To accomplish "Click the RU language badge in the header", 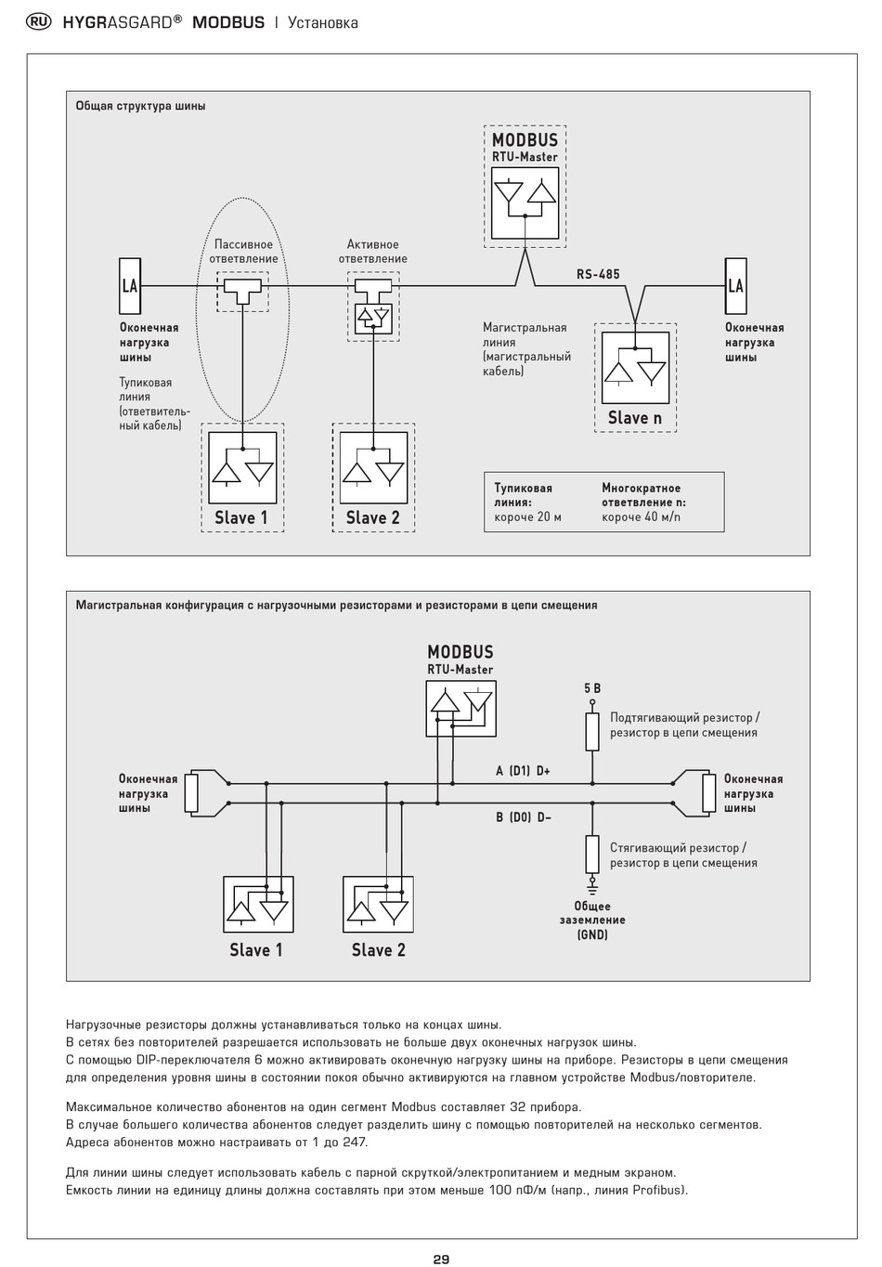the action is pos(38,22).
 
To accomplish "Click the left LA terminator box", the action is pos(129,286).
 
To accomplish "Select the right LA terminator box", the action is pos(735,286).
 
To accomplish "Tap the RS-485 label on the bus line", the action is pos(598,274).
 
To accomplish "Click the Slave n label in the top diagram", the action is pos(634,418).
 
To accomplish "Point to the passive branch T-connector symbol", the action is pos(242,286).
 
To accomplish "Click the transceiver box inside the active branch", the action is pos(373,319).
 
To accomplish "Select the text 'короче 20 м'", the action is pos(527,517).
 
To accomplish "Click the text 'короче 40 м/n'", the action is pos(642,517).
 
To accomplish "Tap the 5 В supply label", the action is pos(592,688).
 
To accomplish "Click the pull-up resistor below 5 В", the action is pos(592,732).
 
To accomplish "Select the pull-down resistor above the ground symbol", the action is pos(592,854).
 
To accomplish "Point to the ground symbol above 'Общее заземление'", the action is pos(592,884).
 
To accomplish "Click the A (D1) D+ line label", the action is pos(523,771).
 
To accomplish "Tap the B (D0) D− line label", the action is pos(524,817).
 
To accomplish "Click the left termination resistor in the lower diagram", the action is pos(192,793).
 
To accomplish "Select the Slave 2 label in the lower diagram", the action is pos(378,949).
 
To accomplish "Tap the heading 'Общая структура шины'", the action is pos(141,106).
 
